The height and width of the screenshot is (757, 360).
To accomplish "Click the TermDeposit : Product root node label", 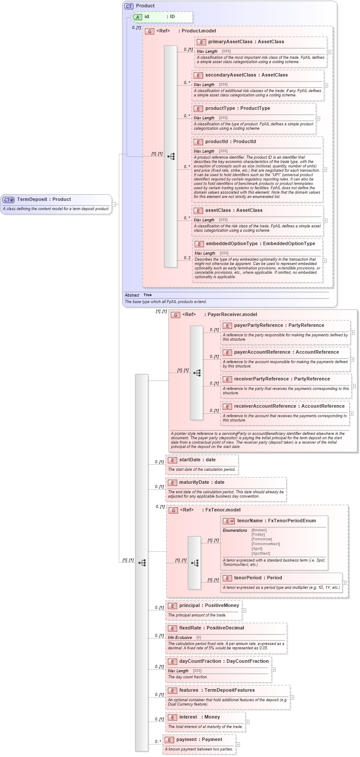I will pyautogui.click(x=44, y=199).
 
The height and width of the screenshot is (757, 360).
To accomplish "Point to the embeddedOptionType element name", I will pyautogui.click(x=232, y=244).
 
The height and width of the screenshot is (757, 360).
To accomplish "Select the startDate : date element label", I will pyautogui.click(x=197, y=460).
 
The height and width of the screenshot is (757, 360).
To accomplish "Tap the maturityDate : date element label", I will pyautogui.click(x=201, y=482).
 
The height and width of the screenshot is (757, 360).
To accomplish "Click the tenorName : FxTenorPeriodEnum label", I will pyautogui.click(x=276, y=521).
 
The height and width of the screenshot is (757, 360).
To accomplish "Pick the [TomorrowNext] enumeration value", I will pyautogui.click(x=265, y=544).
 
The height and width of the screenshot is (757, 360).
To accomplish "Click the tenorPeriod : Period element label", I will pyautogui.click(x=258, y=578).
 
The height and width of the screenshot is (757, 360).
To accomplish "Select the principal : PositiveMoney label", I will pyautogui.click(x=209, y=606).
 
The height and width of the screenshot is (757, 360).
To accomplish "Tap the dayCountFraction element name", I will pyautogui.click(x=201, y=661).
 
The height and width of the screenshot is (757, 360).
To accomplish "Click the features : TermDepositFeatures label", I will pyautogui.click(x=217, y=690).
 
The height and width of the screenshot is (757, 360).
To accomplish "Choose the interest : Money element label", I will pyautogui.click(x=199, y=717).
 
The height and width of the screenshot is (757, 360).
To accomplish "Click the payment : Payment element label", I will pyautogui.click(x=199, y=740).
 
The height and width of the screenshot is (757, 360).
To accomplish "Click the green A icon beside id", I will pyautogui.click(x=137, y=17).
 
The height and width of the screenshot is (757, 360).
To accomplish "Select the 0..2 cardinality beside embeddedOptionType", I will pyautogui.click(x=187, y=258).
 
